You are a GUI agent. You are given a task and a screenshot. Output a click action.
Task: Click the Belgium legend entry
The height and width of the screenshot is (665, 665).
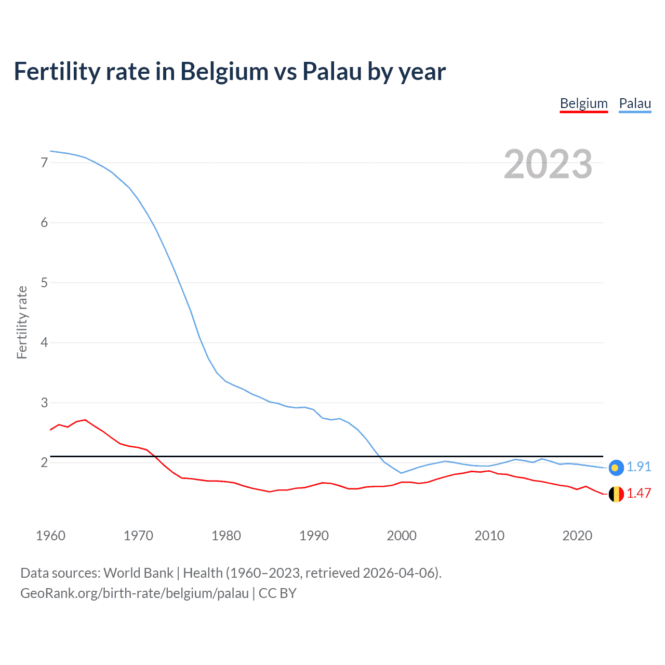pos(583,103)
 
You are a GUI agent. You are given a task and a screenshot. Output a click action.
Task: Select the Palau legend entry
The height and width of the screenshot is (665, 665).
pos(635,103)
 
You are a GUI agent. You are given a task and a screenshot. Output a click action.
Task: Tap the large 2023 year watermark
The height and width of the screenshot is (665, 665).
pos(548,164)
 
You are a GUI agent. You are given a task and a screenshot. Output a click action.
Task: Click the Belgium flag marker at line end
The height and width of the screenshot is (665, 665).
pos(616,494)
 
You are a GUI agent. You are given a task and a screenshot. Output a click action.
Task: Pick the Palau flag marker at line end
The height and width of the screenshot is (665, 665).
pos(616,468)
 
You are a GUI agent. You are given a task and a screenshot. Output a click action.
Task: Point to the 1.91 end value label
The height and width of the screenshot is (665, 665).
pos(639,467)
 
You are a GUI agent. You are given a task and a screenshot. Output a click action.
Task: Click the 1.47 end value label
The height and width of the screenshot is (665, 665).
pos(639,493)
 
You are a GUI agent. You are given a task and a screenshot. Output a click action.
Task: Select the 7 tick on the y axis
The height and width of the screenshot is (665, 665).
pos(44,163)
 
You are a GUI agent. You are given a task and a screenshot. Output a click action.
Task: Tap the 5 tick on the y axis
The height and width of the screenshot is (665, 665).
pos(44,283)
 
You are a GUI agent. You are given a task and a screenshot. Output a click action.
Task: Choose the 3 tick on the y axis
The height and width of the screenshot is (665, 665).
pos(44,403)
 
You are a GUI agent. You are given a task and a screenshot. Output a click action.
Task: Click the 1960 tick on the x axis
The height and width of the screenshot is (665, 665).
pos(50,536)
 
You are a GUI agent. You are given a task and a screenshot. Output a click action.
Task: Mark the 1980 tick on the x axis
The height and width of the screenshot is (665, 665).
pos(226,536)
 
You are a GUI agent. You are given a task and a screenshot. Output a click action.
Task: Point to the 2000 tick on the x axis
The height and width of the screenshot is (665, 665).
pos(402,536)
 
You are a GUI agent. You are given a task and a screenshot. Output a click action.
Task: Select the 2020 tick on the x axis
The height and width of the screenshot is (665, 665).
pos(577,536)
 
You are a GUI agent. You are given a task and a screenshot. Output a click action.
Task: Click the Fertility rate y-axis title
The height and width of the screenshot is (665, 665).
pos(22,322)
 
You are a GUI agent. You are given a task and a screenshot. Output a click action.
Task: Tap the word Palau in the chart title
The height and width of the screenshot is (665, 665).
pos(332,71)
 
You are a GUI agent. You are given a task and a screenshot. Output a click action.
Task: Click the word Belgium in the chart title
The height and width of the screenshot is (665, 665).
pos(224,71)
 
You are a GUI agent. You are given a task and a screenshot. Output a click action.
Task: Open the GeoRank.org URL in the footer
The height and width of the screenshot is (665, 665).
pos(135,593)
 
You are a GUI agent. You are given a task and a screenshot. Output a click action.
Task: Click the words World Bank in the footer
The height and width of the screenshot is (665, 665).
pos(138,573)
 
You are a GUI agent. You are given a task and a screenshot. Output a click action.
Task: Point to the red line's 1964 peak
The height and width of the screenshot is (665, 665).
pos(85,419)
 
